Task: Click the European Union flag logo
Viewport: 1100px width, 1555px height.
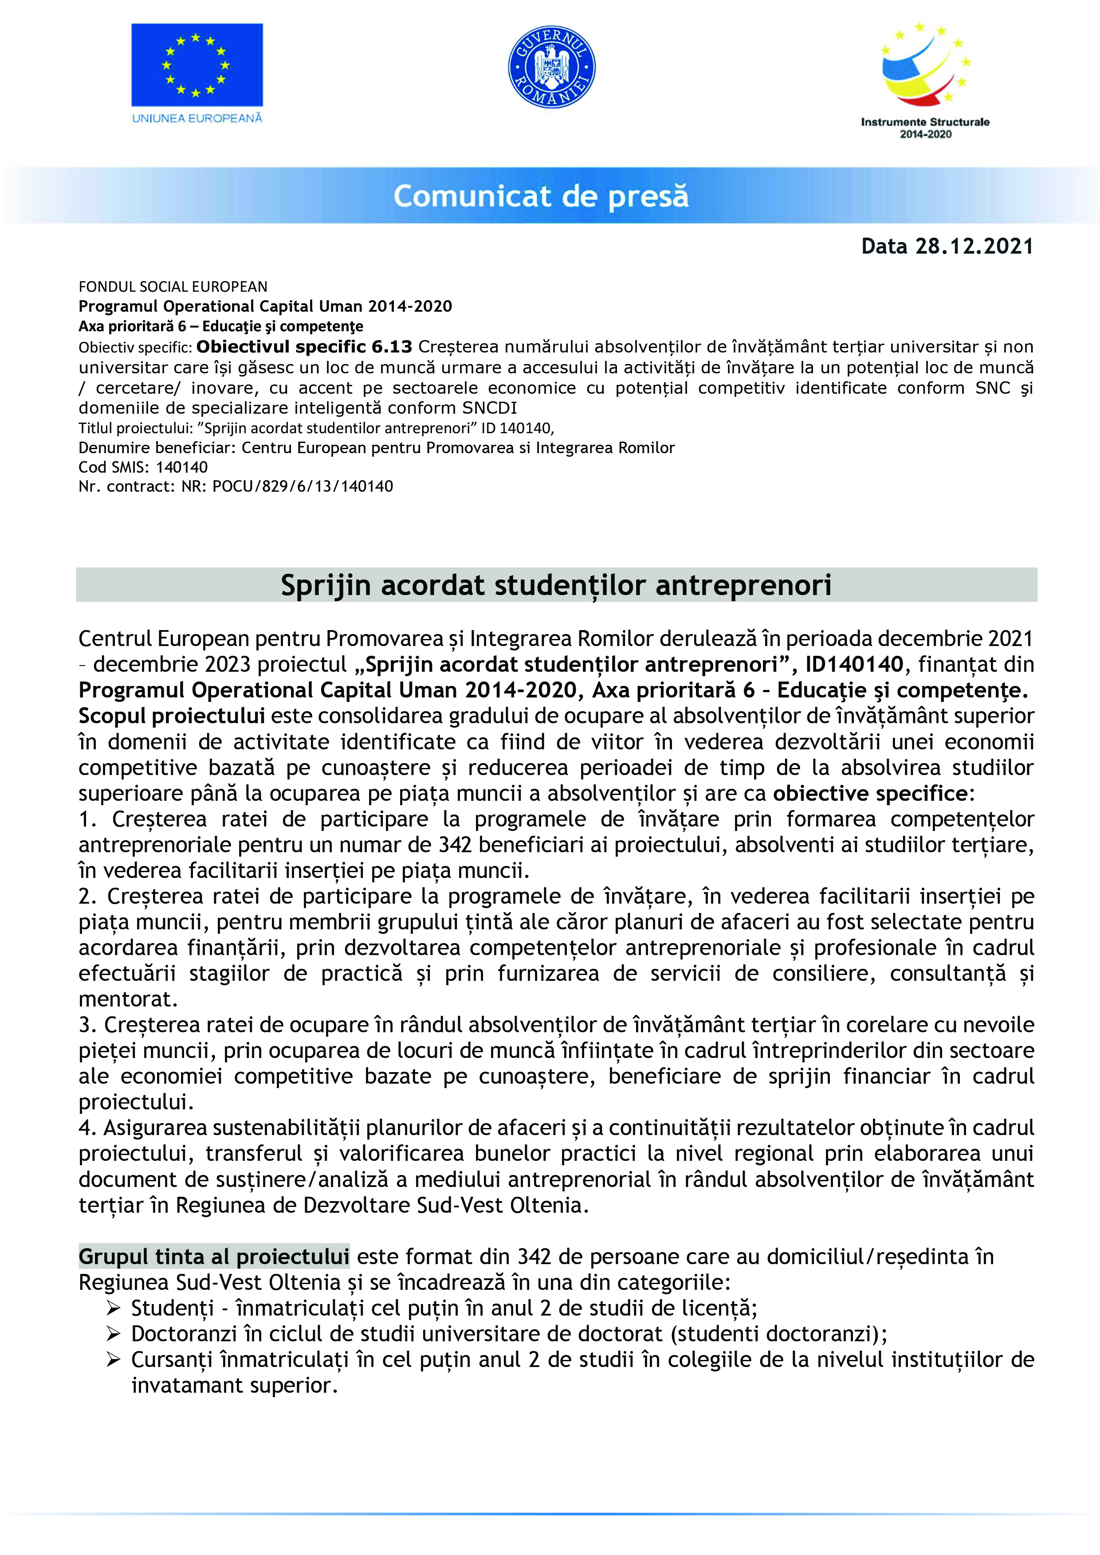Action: [x=196, y=65]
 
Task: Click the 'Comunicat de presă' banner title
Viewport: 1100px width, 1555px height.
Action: [x=541, y=196]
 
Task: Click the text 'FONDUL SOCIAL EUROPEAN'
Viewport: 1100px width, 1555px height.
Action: [x=173, y=286]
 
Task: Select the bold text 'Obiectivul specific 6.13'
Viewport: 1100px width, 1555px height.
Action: [x=304, y=347]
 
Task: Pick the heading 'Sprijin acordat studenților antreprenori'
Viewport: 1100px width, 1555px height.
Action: [x=556, y=585]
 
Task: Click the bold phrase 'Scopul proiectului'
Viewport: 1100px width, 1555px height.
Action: [x=171, y=716]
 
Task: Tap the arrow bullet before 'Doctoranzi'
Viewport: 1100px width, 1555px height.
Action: [x=113, y=1334]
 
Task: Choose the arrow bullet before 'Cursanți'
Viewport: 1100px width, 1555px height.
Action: [x=113, y=1359]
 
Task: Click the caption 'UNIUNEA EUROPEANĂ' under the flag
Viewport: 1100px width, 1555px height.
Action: [x=196, y=118]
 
